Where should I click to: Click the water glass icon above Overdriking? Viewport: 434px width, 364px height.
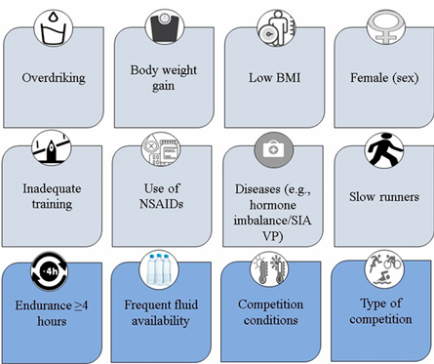click(54, 28)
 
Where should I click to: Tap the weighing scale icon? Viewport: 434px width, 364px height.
click(165, 27)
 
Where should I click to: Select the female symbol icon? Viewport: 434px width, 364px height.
click(386, 27)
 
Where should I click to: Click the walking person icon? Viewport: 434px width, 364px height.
click(384, 150)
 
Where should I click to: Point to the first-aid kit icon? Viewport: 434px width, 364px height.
click(274, 150)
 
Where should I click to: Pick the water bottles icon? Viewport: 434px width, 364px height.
click(159, 269)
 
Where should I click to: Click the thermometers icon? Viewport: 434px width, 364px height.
click(269, 269)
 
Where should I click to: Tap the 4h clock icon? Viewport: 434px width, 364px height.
click(50, 271)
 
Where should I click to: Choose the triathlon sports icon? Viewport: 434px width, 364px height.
click(383, 269)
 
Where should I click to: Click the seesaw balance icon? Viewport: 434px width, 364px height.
click(51, 149)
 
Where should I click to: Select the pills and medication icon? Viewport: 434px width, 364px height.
click(161, 150)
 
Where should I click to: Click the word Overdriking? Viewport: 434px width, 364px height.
click(54, 78)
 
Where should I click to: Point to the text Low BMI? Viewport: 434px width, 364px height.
click(275, 78)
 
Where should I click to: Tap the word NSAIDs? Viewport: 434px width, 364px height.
click(161, 204)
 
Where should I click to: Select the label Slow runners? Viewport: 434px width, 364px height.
click(384, 197)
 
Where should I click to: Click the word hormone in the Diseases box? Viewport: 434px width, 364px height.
click(273, 205)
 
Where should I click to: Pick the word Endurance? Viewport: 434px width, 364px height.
click(43, 305)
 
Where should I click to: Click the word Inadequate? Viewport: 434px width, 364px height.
click(52, 188)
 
